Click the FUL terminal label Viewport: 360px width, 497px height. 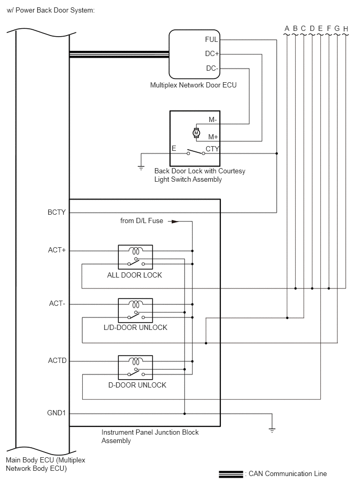(x=211, y=40)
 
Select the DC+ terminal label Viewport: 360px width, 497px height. (x=212, y=54)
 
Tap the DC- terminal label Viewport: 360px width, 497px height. (x=212, y=68)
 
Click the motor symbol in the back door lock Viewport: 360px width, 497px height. (x=196, y=133)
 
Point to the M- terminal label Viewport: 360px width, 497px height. (x=213, y=120)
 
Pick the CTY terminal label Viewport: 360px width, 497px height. (x=212, y=149)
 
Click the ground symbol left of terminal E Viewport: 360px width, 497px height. (x=141, y=168)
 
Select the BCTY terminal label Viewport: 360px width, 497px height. (x=57, y=213)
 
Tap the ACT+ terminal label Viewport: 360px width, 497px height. (x=57, y=250)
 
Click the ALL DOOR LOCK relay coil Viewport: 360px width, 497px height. (x=136, y=251)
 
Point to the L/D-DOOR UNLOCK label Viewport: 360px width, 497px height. (x=136, y=327)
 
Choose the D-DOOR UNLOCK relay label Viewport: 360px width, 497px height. (x=138, y=385)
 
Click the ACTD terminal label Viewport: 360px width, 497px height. (x=58, y=361)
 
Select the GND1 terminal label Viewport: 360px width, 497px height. (x=57, y=413)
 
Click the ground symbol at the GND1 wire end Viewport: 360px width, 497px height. (x=272, y=430)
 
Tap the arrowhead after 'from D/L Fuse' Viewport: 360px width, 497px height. (x=175, y=222)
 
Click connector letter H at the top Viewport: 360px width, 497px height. (x=345, y=29)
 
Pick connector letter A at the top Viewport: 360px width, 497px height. (x=287, y=28)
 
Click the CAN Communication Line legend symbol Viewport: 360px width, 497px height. (x=231, y=474)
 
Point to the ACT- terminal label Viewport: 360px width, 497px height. (x=57, y=304)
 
